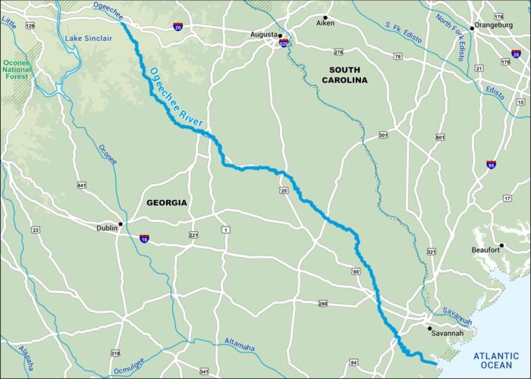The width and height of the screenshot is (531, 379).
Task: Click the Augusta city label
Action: click(262, 35)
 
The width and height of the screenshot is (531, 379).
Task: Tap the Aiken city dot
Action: click(325, 17)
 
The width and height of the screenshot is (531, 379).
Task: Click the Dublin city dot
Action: click(120, 223)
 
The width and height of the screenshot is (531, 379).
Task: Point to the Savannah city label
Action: click(447, 333)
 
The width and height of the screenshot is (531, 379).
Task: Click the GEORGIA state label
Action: click(165, 203)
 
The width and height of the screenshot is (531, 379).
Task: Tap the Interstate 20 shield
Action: click(178, 27)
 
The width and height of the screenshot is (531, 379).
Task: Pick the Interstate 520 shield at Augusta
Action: click(284, 44)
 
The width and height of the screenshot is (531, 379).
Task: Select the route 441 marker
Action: click(81, 184)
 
